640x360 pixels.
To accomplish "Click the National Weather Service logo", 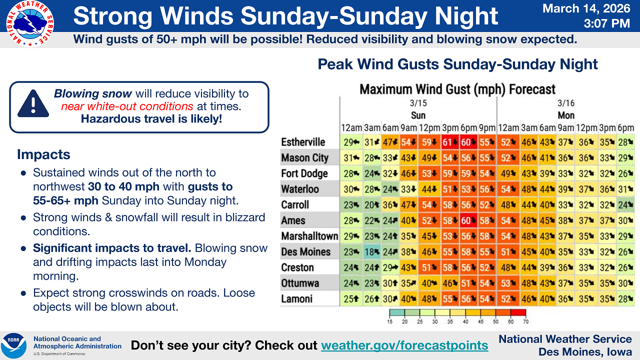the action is click(29, 23).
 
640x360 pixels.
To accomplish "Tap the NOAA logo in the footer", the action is click(13, 345).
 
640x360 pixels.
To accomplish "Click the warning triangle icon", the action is click(33, 103).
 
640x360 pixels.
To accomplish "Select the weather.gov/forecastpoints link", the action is click(404, 345).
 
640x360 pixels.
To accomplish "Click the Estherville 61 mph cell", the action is click(450, 142).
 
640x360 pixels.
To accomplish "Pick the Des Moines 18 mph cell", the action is click(372, 251).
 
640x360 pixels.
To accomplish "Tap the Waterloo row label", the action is click(299, 189).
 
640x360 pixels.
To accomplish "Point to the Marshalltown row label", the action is click(309, 236).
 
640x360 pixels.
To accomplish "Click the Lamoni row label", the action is click(296, 299).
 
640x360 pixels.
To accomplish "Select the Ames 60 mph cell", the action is click(468, 220).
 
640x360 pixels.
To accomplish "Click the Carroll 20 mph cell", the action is click(372, 205).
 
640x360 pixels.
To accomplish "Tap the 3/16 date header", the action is click(565, 103).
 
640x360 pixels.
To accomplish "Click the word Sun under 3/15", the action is click(418, 115).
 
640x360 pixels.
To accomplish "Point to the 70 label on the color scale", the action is click(525, 321).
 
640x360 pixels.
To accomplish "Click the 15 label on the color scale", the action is click(389, 321).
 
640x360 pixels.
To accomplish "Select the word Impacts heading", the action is click(43, 154).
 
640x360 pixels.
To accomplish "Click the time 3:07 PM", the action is click(607, 23).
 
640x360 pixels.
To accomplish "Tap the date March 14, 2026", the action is click(586, 8).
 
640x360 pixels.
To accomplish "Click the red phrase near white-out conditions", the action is click(127, 106).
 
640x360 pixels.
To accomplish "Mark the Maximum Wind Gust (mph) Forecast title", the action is click(457, 89).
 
